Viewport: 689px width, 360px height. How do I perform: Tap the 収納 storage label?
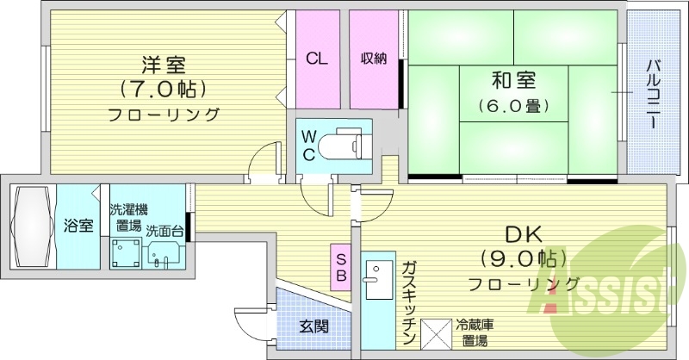[x=373, y=59]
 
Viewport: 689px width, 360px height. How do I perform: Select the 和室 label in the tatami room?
[x=513, y=82]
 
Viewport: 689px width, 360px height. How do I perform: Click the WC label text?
[x=308, y=144]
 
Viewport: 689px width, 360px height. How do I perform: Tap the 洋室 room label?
[x=164, y=65]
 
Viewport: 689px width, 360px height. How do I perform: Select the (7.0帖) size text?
[x=164, y=89]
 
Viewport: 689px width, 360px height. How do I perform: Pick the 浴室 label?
[x=78, y=226]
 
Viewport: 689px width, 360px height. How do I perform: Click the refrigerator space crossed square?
[x=436, y=332]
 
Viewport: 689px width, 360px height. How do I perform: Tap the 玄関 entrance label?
[x=313, y=326]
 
